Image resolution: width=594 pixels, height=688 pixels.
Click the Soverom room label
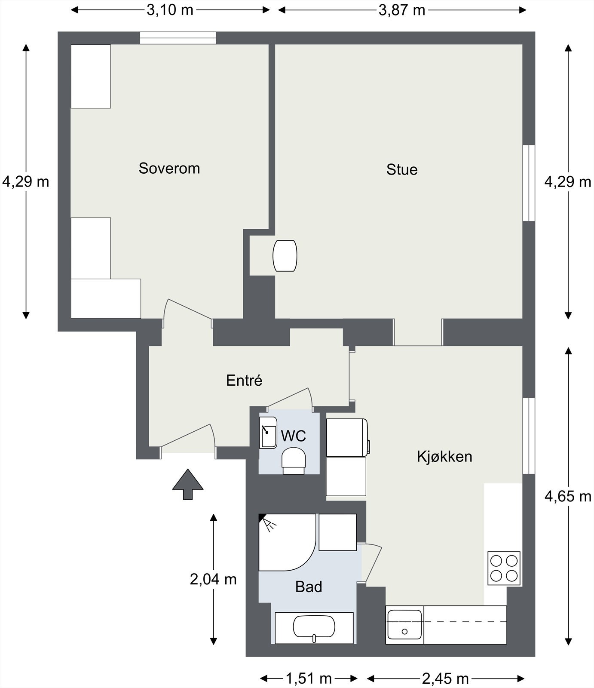pyautogui.click(x=169, y=168)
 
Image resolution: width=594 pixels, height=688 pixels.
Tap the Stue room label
pyautogui.click(x=402, y=169)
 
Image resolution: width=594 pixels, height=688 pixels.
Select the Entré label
pyautogui.click(x=244, y=380)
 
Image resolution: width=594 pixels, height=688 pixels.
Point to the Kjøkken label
pyautogui.click(x=444, y=457)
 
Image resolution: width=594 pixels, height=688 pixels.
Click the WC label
pyautogui.click(x=294, y=436)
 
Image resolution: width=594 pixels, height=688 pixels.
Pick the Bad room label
pyautogui.click(x=309, y=587)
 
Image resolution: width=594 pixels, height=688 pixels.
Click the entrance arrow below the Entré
pyautogui.click(x=188, y=484)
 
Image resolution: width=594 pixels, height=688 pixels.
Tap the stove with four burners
pyautogui.click(x=504, y=568)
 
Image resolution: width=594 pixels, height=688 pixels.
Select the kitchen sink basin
pyautogui.click(x=404, y=624)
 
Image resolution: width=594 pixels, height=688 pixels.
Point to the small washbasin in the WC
pyautogui.click(x=268, y=433)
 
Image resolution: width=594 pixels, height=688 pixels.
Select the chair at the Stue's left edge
pyautogui.click(x=285, y=256)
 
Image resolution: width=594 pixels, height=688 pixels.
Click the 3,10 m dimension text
pyautogui.click(x=170, y=9)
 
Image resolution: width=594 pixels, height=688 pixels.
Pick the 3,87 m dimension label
pyautogui.click(x=402, y=9)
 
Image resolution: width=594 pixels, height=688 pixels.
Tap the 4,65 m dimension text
pyautogui.click(x=568, y=497)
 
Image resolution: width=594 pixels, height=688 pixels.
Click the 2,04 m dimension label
pyautogui.click(x=213, y=580)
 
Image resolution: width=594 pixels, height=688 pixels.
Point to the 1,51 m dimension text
pyautogui.click(x=309, y=679)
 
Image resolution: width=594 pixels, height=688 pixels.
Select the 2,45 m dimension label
pyautogui.click(x=445, y=679)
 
